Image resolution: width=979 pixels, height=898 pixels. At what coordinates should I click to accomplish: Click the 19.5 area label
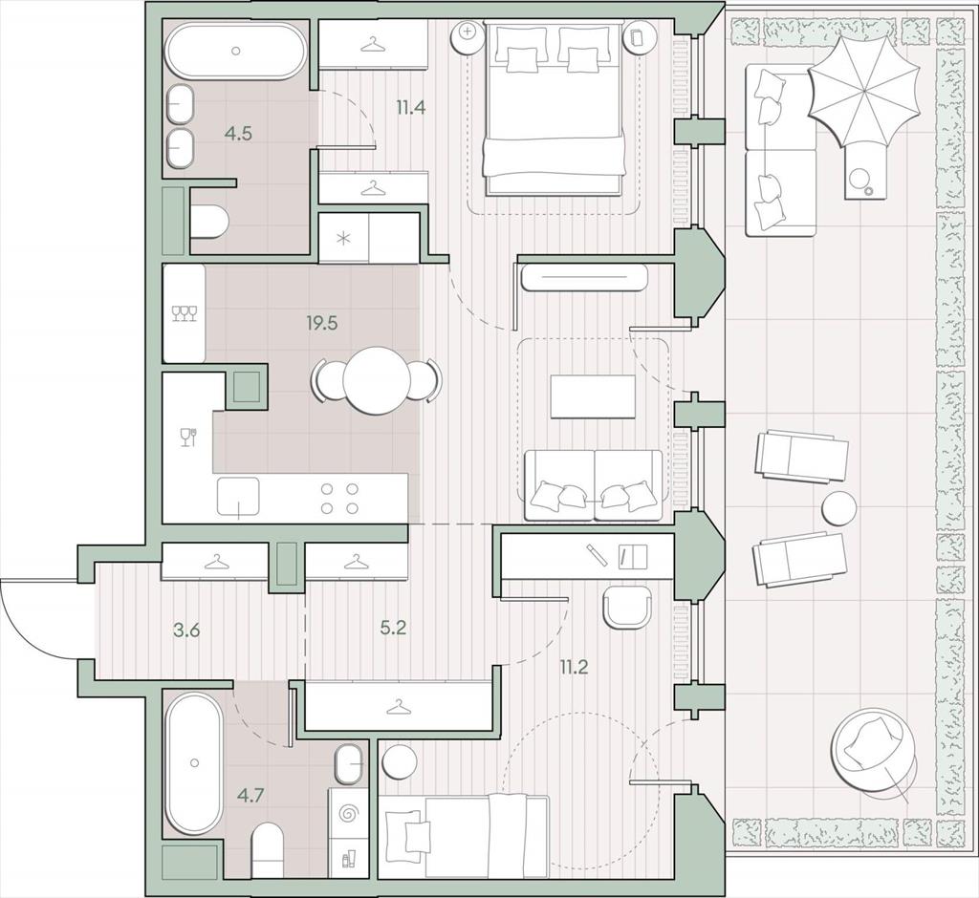(321, 323)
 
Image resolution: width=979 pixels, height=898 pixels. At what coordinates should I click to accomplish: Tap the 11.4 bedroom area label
(411, 108)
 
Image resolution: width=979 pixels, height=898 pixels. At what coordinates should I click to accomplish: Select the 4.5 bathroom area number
(238, 133)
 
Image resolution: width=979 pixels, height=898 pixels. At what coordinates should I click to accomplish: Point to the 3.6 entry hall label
(186, 630)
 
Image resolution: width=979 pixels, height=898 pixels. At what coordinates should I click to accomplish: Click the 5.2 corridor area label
(393, 627)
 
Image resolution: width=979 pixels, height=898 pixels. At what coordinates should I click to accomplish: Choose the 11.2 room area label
(574, 668)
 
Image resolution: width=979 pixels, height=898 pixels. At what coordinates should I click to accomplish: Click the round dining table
(376, 379)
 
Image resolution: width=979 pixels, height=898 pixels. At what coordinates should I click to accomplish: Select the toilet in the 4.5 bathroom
(208, 222)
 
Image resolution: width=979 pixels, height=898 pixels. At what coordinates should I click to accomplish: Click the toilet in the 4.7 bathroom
(268, 850)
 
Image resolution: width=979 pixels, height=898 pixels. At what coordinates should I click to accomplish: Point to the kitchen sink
(238, 497)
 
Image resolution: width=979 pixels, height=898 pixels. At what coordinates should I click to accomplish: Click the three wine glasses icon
(185, 313)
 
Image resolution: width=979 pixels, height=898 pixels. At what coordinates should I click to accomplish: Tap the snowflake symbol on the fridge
(343, 239)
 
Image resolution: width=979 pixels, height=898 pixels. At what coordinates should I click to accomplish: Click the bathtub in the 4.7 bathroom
(193, 762)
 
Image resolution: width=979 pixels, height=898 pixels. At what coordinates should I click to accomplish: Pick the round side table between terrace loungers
(839, 508)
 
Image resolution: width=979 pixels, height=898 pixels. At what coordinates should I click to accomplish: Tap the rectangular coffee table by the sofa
(593, 396)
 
